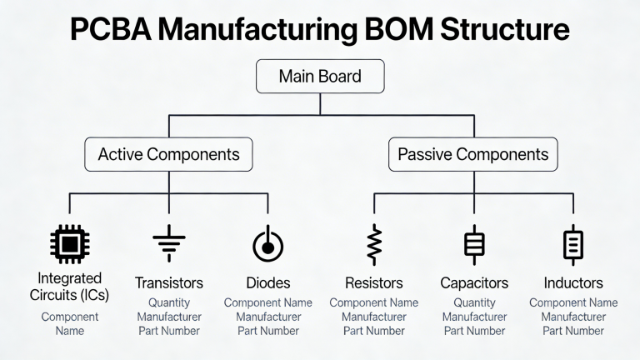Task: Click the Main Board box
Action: click(320, 77)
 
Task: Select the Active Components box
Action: click(168, 154)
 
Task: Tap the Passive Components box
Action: click(472, 154)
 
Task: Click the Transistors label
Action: click(169, 283)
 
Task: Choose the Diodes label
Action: click(267, 283)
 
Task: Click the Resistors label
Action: click(373, 283)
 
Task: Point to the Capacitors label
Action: click(473, 283)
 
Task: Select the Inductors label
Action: click(573, 283)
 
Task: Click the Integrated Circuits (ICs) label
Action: click(69, 286)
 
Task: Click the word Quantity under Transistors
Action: click(169, 303)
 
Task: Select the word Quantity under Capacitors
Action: click(473, 303)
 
